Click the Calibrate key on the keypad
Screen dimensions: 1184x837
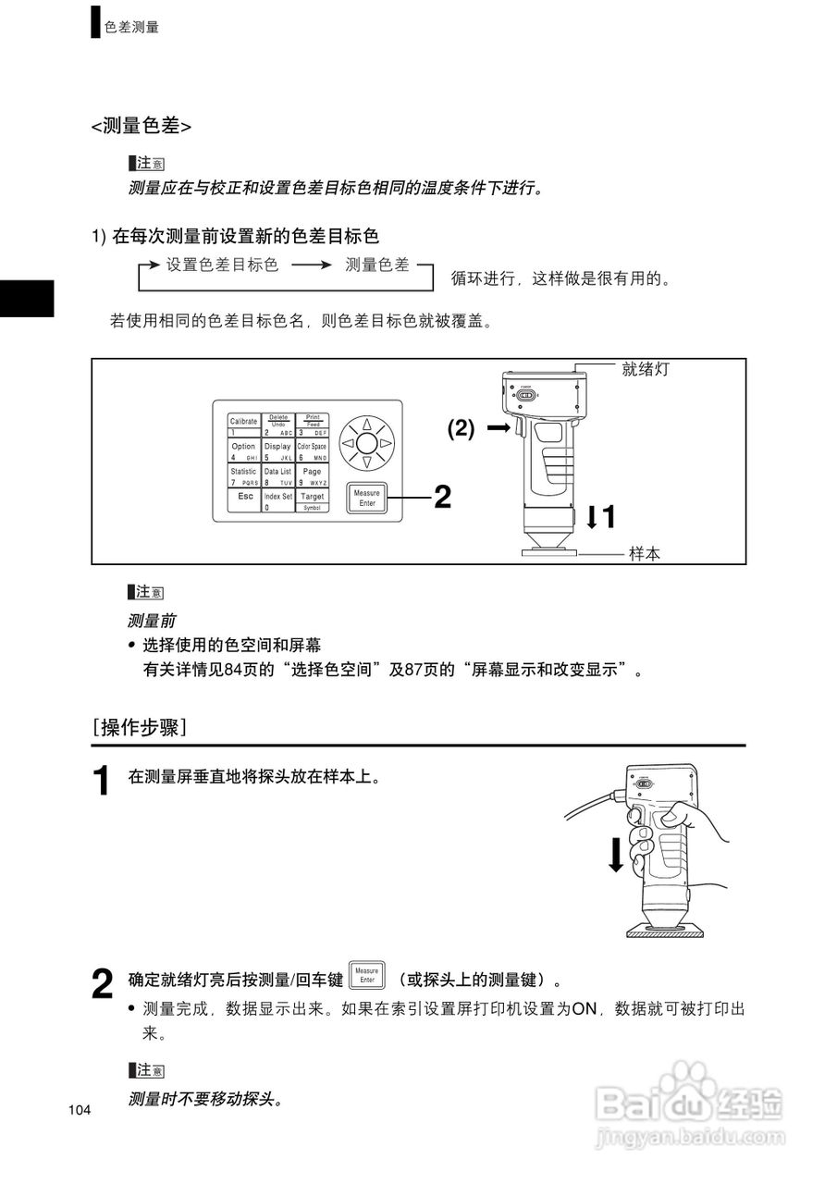coord(243,425)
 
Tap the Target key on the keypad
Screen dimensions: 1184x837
coord(313,499)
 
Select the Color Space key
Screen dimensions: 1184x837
coord(313,450)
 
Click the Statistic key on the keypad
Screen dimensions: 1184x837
coord(243,475)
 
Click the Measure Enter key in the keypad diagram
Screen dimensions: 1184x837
coord(367,499)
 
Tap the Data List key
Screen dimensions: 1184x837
coord(277,475)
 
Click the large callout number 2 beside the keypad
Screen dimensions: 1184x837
coord(443,498)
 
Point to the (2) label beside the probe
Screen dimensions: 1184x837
coord(462,429)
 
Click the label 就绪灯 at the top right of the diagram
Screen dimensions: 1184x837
coord(645,369)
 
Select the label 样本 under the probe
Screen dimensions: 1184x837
coord(645,554)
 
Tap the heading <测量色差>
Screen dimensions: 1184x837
coord(142,127)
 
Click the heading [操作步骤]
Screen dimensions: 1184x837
coord(140,727)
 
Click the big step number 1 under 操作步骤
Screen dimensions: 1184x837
coord(105,781)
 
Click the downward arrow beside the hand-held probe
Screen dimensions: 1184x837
coord(615,852)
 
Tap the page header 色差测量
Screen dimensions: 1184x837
coord(131,27)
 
